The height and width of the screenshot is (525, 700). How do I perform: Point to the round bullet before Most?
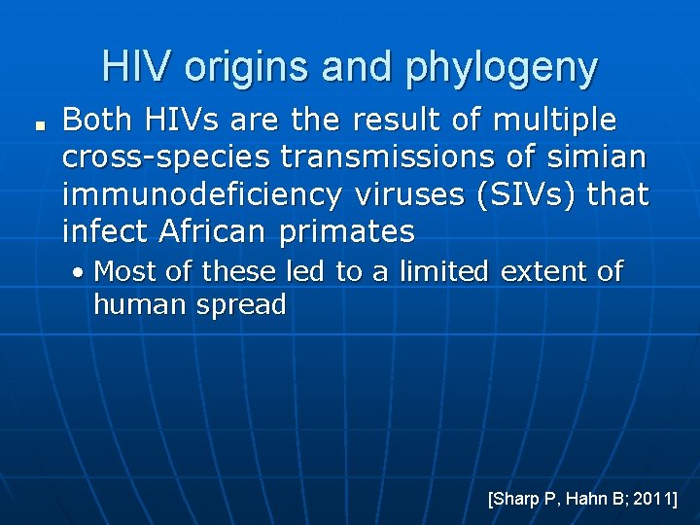(81, 272)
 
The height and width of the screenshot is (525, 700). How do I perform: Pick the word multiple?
(554, 121)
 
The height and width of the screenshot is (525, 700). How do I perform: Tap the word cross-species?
(166, 157)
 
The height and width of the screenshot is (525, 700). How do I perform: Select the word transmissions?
(393, 157)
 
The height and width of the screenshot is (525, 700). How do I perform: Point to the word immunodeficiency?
(201, 194)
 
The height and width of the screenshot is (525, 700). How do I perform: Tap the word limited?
(432, 271)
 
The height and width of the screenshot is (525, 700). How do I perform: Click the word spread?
(243, 305)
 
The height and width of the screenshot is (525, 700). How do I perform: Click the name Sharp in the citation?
(517, 499)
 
